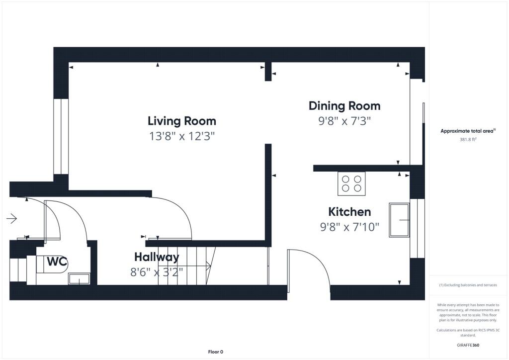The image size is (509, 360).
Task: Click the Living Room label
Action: (182, 121)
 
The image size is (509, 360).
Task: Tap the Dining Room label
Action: (344, 106)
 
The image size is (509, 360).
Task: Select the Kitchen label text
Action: (349, 212)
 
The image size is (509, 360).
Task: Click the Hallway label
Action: (157, 257)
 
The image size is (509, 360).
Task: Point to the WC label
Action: (57, 262)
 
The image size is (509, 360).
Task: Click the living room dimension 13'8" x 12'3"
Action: (182, 136)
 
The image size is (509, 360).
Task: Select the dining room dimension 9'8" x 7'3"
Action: (344, 121)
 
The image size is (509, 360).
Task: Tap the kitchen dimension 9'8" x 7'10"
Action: (349, 227)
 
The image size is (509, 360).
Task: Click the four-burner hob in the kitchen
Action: (351, 183)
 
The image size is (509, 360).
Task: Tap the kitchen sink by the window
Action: (400, 220)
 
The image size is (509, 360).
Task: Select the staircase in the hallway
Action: (186, 266)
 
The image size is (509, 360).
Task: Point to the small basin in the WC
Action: (79, 279)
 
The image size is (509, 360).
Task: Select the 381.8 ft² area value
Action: (468, 140)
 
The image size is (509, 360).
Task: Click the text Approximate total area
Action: (467, 131)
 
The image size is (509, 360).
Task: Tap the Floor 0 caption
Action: (215, 352)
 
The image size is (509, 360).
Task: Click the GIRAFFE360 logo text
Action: (468, 345)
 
